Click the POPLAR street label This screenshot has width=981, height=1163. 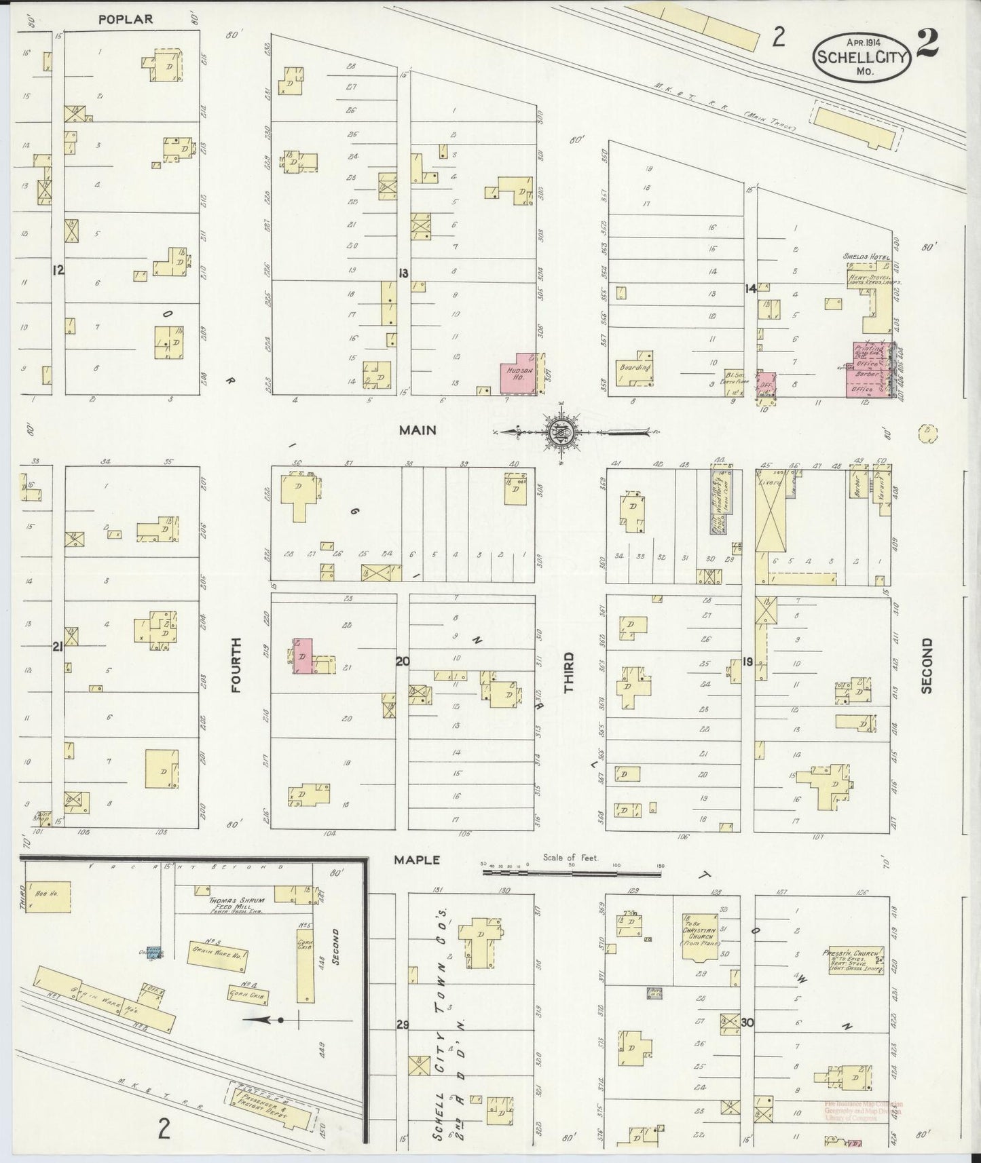[x=125, y=19]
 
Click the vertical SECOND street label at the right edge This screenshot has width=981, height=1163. [x=927, y=666]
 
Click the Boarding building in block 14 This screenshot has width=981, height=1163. [x=636, y=368]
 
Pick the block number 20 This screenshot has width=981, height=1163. [x=403, y=661]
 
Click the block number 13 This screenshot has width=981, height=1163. [x=404, y=273]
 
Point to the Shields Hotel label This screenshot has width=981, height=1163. [x=866, y=256]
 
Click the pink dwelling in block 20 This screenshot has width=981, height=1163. [x=303, y=656]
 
